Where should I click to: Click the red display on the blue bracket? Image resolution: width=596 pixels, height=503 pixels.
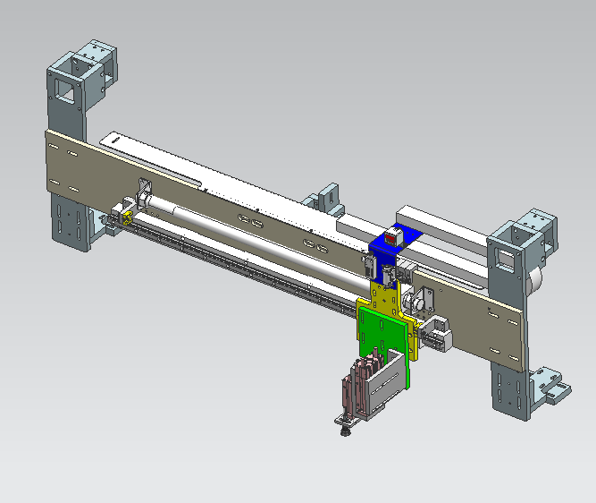(x=392, y=240)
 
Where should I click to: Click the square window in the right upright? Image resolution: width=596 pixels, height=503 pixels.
(x=505, y=259)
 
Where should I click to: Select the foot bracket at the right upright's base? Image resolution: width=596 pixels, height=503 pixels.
(x=549, y=388)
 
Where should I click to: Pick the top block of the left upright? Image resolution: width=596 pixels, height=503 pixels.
(x=93, y=58)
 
